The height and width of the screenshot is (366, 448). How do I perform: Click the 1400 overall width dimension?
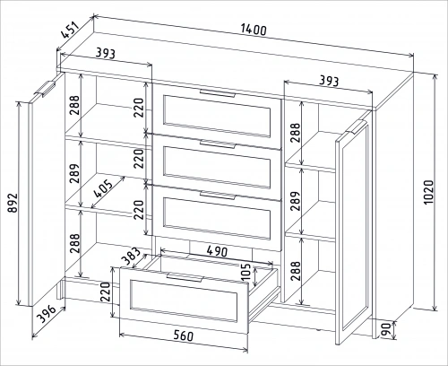pos(254,30)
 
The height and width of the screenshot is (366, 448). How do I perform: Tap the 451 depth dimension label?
pos(71,30)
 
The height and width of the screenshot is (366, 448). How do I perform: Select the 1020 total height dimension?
pos(428,192)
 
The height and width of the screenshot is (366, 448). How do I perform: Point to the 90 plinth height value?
pos(386,330)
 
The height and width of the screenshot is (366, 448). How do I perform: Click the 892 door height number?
pos(13,203)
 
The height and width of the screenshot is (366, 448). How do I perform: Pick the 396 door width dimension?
pos(47,314)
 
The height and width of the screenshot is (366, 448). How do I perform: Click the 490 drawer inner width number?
pos(217,251)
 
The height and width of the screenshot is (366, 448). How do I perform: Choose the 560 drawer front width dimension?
pos(184,335)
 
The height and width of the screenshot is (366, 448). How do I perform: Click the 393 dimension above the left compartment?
pos(105,53)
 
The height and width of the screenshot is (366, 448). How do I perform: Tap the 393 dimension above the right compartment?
pos(329,81)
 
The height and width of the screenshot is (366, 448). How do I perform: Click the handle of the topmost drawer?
pos(218,93)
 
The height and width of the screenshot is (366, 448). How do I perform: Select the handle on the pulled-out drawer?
pos(185,277)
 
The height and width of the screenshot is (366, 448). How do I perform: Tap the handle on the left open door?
pos(45,89)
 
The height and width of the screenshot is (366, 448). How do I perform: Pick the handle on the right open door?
pos(357,127)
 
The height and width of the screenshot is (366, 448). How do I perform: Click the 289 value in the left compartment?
pos(74,173)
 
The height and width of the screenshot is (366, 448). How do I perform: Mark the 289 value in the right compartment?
pos(295,201)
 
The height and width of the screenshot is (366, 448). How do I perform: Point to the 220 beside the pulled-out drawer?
pos(105,292)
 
